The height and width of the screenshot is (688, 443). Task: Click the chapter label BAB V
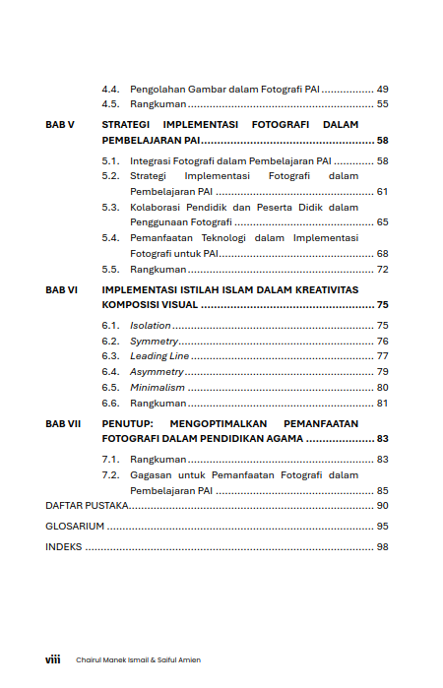coord(60,125)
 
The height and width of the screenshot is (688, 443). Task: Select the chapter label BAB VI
coord(62,289)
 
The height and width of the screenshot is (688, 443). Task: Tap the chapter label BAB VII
coord(63,423)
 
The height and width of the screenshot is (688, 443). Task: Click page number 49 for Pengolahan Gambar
coord(382,89)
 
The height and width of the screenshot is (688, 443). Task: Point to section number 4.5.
coord(111,104)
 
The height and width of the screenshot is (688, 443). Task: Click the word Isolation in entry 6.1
coord(151,325)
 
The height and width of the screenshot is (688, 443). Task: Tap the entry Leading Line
coord(160,356)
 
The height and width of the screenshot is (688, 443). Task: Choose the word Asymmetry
coord(157,372)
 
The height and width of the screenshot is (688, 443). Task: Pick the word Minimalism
coord(157,388)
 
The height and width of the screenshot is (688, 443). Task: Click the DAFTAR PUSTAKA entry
coord(88,506)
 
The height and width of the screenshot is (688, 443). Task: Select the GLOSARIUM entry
coord(75,527)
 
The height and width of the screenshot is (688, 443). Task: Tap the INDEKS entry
coord(64,547)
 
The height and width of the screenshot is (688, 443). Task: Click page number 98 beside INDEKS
coord(382,547)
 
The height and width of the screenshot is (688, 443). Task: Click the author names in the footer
coord(138,660)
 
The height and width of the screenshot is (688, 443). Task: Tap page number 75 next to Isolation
coord(382,325)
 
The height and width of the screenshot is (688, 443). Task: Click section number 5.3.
coord(111,208)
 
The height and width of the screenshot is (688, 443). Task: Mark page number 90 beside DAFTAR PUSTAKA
coord(382,506)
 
